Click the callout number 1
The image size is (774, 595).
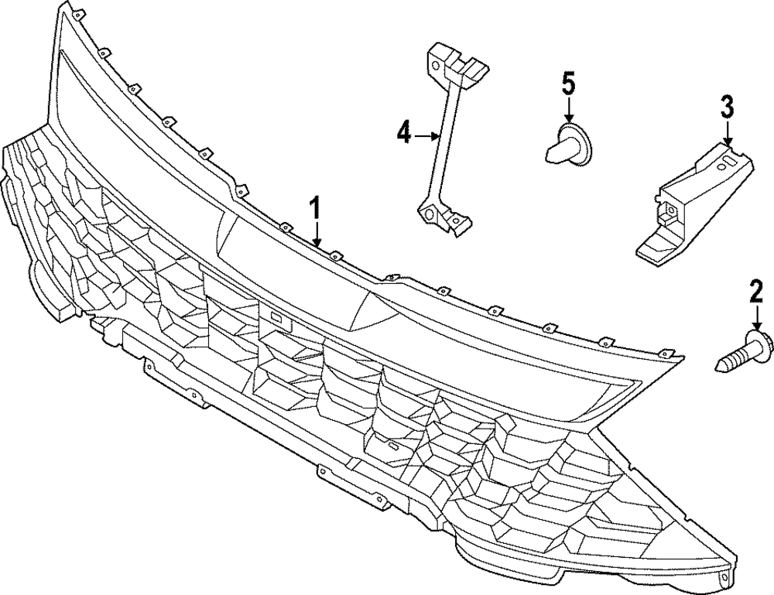pos(315,209)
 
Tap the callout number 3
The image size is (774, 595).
pos(727,106)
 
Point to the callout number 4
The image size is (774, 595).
pos(403,135)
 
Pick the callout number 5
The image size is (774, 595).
pos(569,83)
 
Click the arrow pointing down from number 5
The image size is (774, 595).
pos(569,110)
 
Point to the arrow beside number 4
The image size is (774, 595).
pos(426,135)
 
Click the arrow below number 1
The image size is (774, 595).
pos(316,234)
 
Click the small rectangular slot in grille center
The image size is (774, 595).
pos(275,317)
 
